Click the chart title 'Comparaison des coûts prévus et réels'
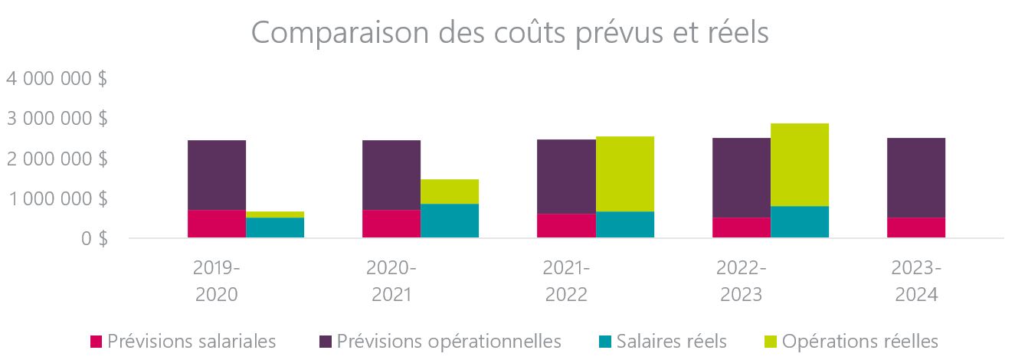pos(509,33)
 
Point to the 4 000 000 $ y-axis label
pos(57,79)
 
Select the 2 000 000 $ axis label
pos(57,159)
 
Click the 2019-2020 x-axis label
pos(216,281)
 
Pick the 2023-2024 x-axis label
pos(915,281)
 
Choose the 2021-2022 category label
pos(566,281)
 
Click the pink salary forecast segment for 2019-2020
pos(217,224)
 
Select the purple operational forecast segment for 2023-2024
pos(915,178)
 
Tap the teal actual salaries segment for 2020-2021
pos(450,221)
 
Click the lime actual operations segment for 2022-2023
pos(799,165)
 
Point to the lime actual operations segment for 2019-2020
pos(275,214)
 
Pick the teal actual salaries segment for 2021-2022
pos(624,224)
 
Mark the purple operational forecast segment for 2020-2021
pos(391,175)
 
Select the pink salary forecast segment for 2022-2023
pos(741,227)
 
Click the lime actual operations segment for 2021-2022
pos(624,174)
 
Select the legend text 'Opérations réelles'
pos(860,341)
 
